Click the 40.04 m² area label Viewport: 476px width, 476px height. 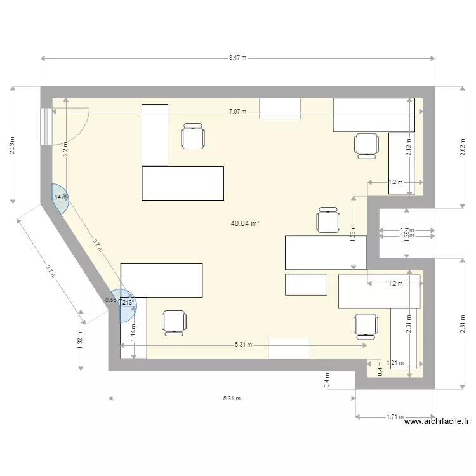coord(246,223)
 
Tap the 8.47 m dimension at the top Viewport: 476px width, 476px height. coord(238,57)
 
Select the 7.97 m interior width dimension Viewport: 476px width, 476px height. coord(238,112)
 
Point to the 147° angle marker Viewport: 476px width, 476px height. coord(60,197)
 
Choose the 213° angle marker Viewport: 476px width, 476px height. coord(128,303)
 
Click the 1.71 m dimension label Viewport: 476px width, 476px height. coord(395,417)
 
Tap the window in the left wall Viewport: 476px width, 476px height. coord(45,127)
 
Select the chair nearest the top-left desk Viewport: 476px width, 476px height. coord(193,136)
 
